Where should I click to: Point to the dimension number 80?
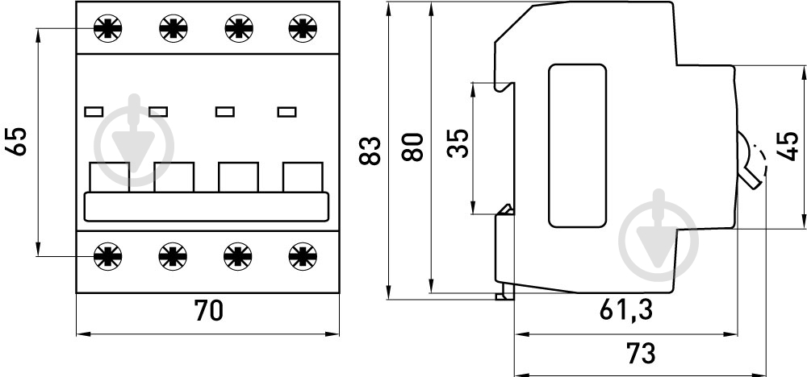point(412,147)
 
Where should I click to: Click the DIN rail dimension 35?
point(457,147)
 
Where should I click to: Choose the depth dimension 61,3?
point(626,309)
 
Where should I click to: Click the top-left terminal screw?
point(107,29)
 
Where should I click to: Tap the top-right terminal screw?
point(302,29)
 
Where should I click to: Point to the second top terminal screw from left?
point(172,29)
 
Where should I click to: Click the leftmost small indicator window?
point(94,111)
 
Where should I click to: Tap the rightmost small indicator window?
point(286,111)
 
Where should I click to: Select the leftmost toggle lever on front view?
point(109,177)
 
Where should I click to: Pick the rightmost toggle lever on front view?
point(303,177)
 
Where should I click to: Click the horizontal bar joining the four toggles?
point(206,207)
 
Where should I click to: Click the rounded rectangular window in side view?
point(576,146)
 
